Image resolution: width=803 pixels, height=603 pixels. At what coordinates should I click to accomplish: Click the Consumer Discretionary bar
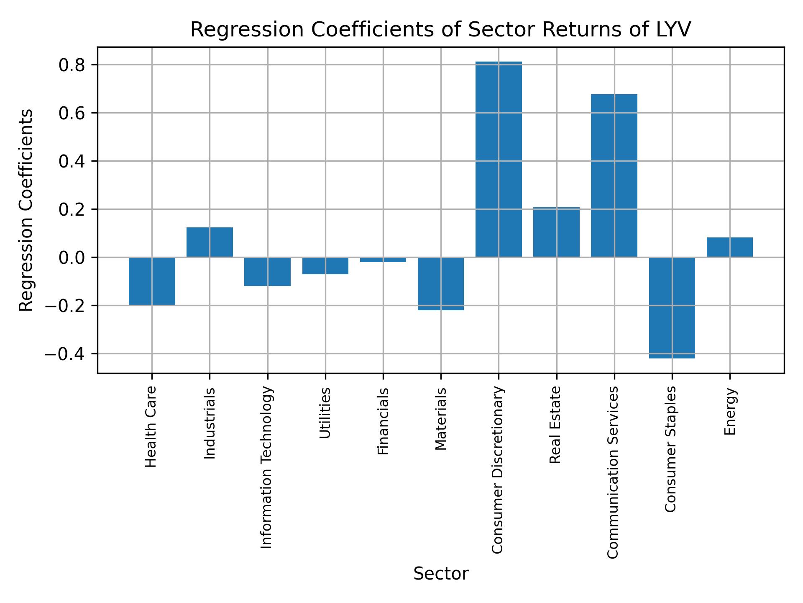click(499, 159)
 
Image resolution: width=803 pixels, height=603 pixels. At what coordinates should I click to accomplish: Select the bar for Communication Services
click(614, 176)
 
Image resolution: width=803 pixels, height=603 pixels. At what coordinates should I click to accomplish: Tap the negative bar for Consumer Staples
click(672, 308)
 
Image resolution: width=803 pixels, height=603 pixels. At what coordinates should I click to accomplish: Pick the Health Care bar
click(152, 281)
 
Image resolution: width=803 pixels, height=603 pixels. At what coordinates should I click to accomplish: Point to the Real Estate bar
click(556, 232)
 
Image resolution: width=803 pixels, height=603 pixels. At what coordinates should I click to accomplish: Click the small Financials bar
click(383, 260)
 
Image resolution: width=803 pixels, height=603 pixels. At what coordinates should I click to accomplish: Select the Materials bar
click(441, 283)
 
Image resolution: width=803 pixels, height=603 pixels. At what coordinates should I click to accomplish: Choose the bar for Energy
click(729, 247)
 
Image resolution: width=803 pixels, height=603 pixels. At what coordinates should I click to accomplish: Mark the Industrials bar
click(210, 242)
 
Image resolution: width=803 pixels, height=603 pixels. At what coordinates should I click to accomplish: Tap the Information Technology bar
click(267, 271)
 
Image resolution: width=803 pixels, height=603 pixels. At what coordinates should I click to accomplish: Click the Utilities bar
click(325, 265)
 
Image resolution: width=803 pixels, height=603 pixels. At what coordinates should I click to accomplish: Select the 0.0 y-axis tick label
click(72, 258)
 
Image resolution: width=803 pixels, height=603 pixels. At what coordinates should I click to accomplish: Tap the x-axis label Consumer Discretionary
click(497, 470)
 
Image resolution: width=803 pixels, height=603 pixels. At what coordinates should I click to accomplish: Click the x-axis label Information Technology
click(266, 467)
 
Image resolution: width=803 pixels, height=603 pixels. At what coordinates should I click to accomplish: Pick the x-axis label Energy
click(729, 411)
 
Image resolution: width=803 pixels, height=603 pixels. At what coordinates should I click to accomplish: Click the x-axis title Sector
click(441, 574)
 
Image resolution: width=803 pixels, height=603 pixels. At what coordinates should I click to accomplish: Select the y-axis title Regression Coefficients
click(26, 210)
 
